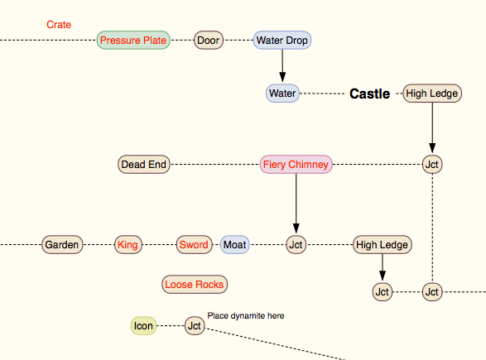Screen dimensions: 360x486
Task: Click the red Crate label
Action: coord(59,25)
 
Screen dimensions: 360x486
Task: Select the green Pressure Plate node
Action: coord(133,40)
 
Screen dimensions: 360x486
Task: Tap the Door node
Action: coord(209,40)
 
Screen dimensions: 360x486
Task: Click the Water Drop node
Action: coord(282,40)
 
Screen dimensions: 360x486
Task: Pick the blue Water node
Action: coord(282,94)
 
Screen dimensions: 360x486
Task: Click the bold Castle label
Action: coord(369,94)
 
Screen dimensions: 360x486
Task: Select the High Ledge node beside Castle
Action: coord(432,94)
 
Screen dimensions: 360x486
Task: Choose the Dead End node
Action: coord(144,165)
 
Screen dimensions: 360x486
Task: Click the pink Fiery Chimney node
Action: coord(296,165)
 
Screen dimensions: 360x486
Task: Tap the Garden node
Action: coord(62,245)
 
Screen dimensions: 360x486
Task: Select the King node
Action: coord(128,245)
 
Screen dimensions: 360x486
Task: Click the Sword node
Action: coord(194,245)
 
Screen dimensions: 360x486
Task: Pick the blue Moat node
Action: coord(234,245)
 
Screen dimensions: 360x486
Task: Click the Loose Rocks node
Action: coord(195,285)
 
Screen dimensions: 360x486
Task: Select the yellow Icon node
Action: coord(143,326)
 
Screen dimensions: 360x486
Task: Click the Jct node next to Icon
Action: coord(195,326)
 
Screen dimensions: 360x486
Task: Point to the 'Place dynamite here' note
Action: coord(246,315)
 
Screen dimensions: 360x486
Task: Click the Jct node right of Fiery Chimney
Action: coord(432,165)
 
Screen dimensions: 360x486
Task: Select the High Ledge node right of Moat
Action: coord(382,245)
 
